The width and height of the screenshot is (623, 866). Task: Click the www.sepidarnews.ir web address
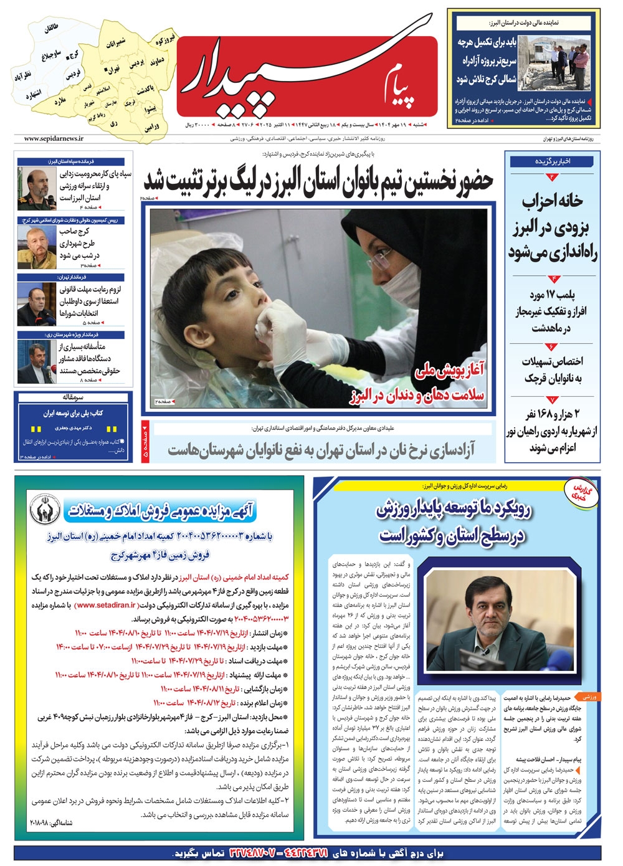(53, 139)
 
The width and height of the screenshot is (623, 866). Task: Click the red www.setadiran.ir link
(107, 604)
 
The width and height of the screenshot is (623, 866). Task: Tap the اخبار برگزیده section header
(552, 161)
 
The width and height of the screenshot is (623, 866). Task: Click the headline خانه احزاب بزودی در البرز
(553, 227)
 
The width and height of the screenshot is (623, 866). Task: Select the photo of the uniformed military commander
(36, 188)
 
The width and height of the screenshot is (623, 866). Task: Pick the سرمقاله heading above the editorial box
(74, 397)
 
